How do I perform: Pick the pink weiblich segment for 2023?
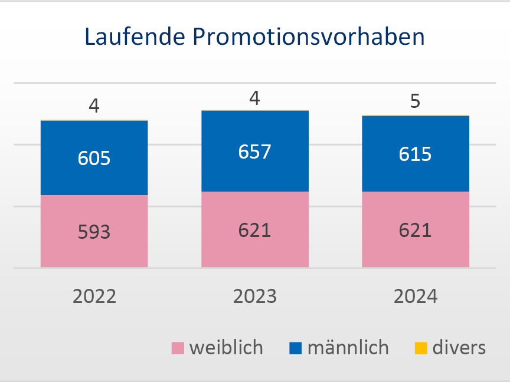(x=255, y=248)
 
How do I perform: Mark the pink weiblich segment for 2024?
(x=415, y=248)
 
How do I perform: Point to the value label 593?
(x=94, y=232)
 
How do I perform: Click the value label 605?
(x=94, y=158)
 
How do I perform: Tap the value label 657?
(x=255, y=152)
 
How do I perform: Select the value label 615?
(x=415, y=154)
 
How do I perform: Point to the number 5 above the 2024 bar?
(x=415, y=101)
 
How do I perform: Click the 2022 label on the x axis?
(x=94, y=296)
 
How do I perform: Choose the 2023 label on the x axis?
(x=255, y=296)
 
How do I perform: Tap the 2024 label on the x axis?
(x=415, y=296)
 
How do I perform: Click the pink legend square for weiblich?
(x=178, y=348)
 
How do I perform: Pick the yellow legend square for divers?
(x=420, y=348)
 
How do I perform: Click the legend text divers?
(x=459, y=348)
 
